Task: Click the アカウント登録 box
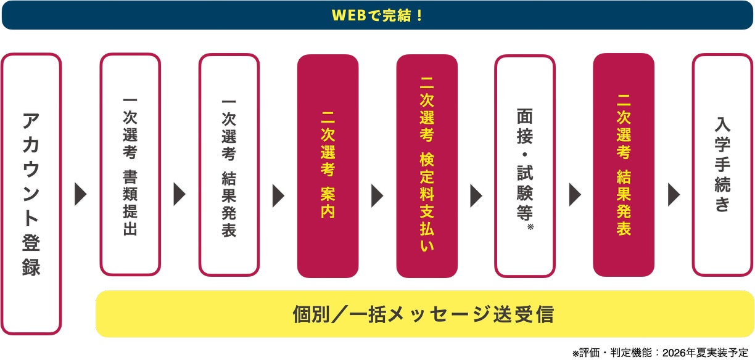point(31,194)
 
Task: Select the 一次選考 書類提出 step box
point(130,165)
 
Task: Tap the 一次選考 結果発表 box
point(229,165)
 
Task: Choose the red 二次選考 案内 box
point(328,166)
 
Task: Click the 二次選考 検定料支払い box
point(427,166)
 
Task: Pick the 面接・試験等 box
point(525,166)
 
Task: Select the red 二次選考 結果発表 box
point(624,165)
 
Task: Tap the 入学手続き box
point(722,165)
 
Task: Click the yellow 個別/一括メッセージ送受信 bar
point(425,314)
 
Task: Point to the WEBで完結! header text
point(377,15)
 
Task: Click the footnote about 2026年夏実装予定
point(662,353)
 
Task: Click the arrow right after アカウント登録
point(81,194)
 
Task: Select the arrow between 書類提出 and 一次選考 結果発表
point(179,194)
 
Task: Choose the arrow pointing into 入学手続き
point(674,194)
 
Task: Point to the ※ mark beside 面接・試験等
point(530,228)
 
